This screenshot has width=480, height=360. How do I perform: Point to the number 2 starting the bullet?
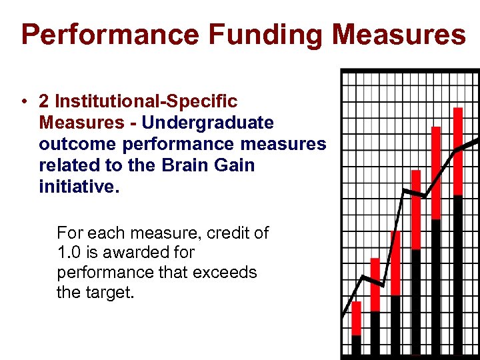[44, 101]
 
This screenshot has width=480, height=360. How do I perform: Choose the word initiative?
[79, 187]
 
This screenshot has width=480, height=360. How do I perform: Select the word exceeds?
[229, 273]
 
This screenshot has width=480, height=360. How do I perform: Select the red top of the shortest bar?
[356, 318]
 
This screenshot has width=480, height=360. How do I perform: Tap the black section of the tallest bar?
[457, 273]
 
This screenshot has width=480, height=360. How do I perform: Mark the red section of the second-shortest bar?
[375, 284]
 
